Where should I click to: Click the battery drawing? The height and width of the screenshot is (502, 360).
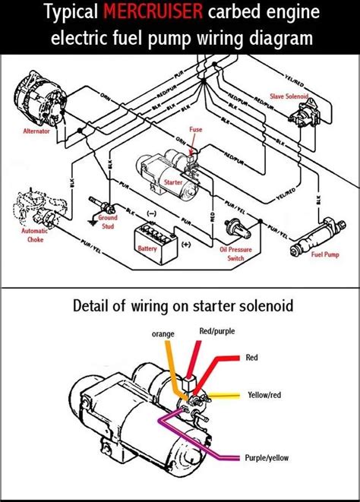(152, 229)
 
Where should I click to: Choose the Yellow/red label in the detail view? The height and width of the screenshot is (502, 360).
(266, 396)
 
